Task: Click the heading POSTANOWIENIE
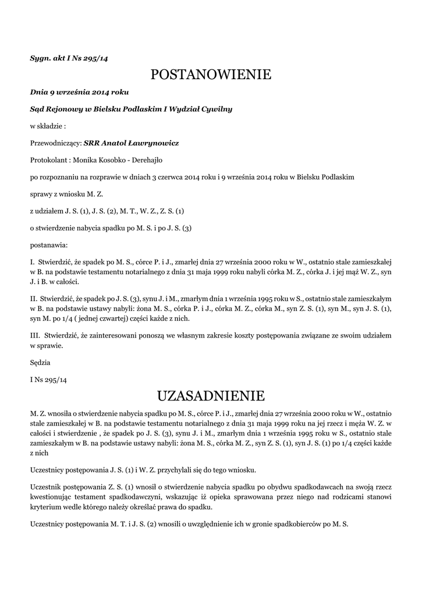tap(211, 75)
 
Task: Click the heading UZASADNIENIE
tap(211, 396)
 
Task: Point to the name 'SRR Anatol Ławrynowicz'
tap(131, 143)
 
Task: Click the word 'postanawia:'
tap(49, 244)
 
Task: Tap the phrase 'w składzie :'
tap(48, 126)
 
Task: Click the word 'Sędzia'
tap(40, 362)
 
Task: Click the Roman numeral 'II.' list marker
tap(34, 298)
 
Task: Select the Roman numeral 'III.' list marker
tap(35, 335)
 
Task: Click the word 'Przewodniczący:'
tap(56, 143)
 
